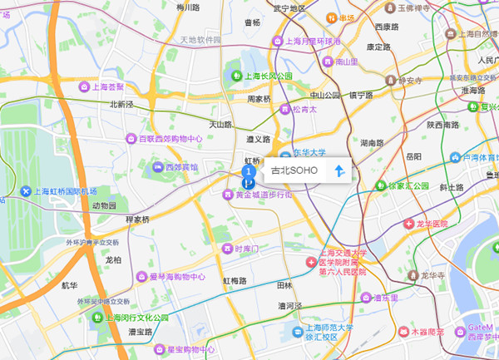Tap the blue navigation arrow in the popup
click(338, 171)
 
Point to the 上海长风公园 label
click(265, 76)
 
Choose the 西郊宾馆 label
click(181, 167)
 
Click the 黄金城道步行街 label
click(264, 195)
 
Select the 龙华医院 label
click(432, 224)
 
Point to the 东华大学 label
click(309, 154)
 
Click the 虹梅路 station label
click(235, 281)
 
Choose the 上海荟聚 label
click(107, 86)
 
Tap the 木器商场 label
click(427, 331)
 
